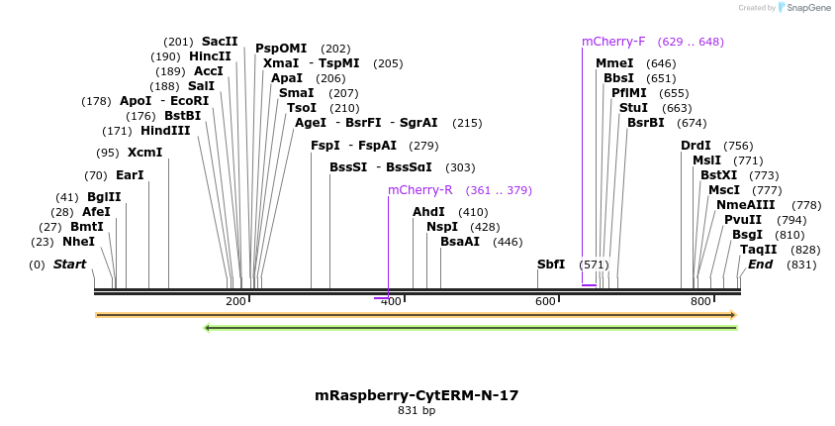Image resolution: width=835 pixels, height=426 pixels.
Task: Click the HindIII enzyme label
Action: [164, 131]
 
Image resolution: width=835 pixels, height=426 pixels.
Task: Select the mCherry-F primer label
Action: [613, 42]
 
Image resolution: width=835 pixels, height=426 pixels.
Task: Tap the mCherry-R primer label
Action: [420, 190]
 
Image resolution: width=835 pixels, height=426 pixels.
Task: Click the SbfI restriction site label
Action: [551, 265]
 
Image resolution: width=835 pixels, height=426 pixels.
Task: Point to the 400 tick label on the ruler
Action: [391, 301]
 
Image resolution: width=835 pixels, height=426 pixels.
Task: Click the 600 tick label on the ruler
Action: [545, 301]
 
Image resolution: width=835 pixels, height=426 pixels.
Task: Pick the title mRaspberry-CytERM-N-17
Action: [417, 395]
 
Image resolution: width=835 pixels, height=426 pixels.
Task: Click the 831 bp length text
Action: [417, 410]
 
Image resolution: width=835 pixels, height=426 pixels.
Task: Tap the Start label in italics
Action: [69, 265]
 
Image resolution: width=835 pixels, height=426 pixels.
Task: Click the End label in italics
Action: [761, 265]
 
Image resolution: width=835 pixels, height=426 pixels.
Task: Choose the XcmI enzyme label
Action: [144, 153]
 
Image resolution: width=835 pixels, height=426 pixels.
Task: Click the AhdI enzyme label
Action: [428, 212]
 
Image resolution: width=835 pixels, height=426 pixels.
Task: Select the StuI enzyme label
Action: [633, 107]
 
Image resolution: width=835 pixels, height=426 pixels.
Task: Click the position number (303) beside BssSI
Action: [460, 167]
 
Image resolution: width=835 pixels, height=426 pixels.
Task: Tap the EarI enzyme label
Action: [130, 175]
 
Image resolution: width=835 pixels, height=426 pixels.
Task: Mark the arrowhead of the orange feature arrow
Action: [733, 315]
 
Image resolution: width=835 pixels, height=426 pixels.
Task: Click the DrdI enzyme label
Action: [696, 146]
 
